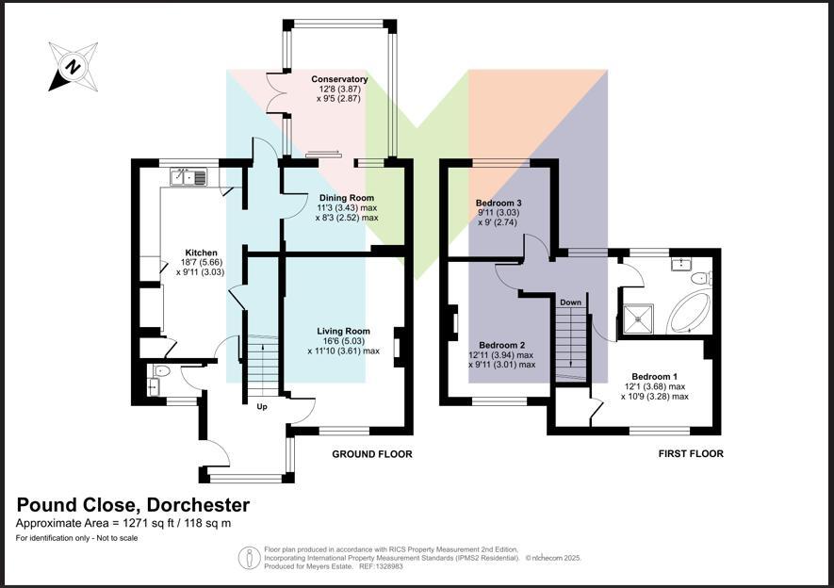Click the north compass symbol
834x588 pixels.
(72, 66)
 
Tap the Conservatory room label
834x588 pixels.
(340, 80)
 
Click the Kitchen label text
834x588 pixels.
(202, 253)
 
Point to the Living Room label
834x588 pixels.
(343, 331)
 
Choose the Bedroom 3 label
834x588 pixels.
(499, 204)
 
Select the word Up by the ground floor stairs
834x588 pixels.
(262, 407)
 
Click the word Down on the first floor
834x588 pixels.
(570, 302)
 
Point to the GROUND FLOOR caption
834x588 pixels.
(371, 454)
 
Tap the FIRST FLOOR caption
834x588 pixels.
(691, 454)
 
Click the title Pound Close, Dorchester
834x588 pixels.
(133, 505)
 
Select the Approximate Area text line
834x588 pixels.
(123, 523)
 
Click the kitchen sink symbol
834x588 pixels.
(192, 176)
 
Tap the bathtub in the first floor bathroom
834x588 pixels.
(690, 314)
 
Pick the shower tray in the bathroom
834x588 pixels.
(642, 318)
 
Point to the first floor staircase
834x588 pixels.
(569, 345)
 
